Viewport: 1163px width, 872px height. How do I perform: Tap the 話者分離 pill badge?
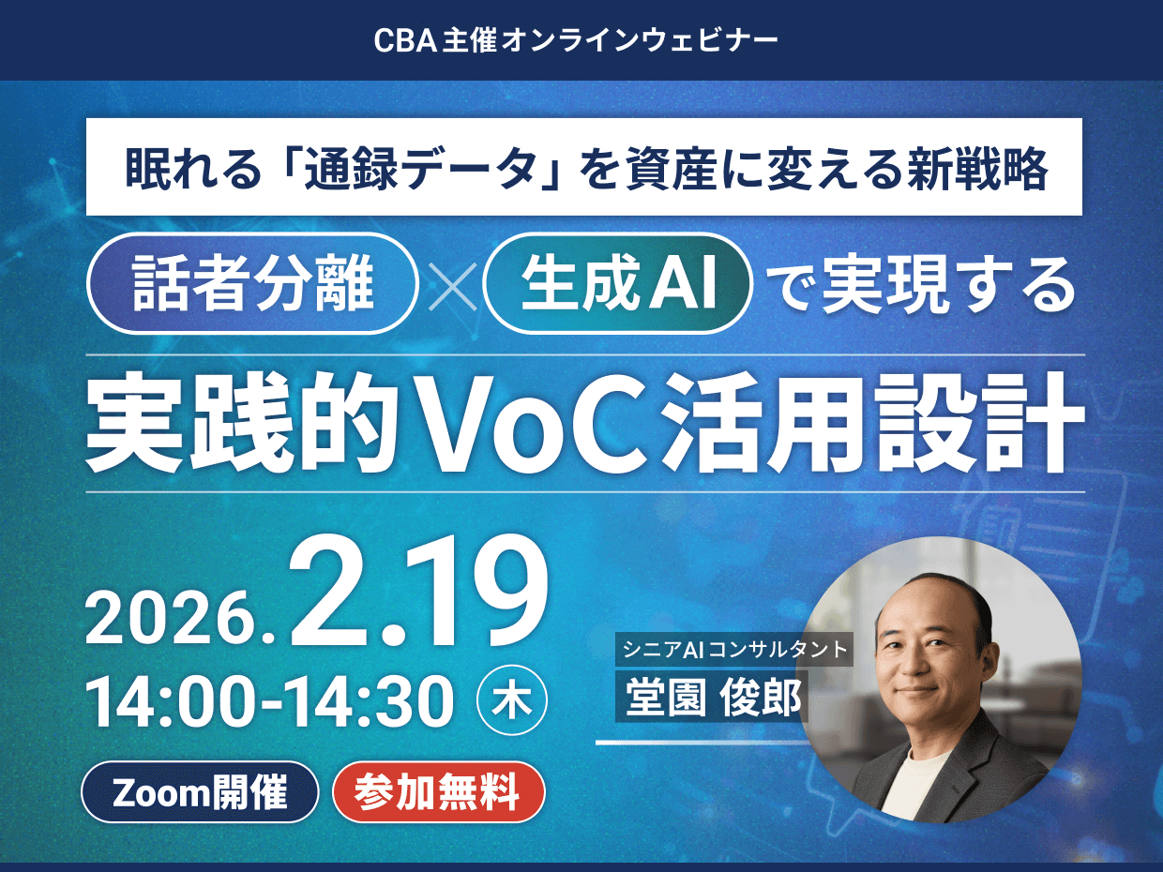(252, 284)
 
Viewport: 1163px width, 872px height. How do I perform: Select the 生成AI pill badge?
(620, 284)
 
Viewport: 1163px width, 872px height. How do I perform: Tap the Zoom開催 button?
(201, 792)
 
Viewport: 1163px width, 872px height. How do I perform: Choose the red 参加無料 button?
(438, 792)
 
